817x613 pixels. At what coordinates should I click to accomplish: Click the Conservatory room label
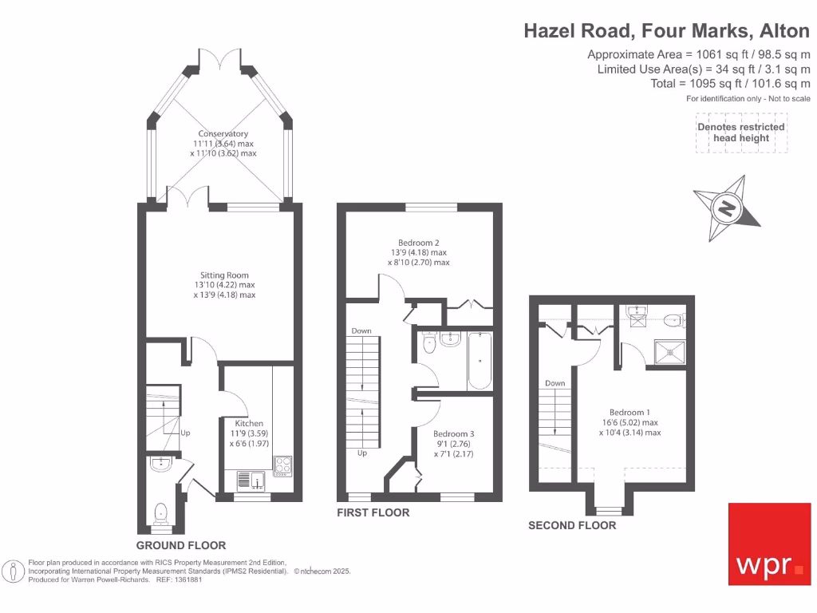coord(223,134)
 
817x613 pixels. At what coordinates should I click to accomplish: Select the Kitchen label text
coord(249,423)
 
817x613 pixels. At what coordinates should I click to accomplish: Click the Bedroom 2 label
coord(419,243)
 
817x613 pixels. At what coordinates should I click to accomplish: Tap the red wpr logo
coord(769,543)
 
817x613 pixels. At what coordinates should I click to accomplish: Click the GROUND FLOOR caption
coord(180,546)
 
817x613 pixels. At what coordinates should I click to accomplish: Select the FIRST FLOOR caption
coord(373,512)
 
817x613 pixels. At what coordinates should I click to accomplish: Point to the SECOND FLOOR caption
coord(572,525)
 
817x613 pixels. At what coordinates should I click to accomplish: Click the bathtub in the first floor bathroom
coord(479,361)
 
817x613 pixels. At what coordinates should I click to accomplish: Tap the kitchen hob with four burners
coord(283,465)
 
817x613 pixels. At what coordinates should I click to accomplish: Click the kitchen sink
coord(251,480)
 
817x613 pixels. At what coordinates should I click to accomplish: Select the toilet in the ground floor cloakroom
coord(160,513)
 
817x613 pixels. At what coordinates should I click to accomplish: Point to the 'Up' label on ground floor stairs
coord(185,433)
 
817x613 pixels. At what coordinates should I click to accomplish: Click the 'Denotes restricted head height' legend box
coord(741,132)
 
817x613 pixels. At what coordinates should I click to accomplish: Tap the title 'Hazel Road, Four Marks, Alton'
coord(666,31)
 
